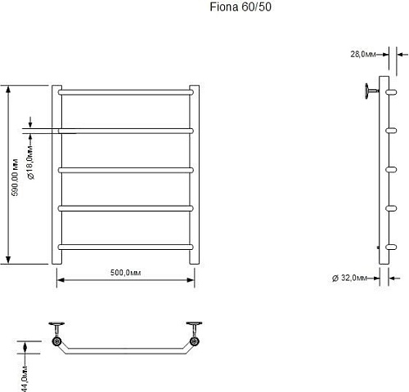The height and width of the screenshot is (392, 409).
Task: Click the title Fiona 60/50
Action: point(240,7)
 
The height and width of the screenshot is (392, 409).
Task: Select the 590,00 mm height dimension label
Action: point(15,177)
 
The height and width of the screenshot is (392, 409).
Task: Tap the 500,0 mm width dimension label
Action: point(125,273)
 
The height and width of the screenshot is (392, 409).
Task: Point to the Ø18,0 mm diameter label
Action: point(30,163)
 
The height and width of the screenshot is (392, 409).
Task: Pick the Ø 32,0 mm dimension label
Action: point(349,278)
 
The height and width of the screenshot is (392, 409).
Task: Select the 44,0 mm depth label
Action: point(25,379)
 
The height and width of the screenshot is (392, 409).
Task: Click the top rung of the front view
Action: point(126,92)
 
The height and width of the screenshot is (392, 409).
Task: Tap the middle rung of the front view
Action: point(126,170)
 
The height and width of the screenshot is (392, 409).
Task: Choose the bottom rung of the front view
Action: point(126,247)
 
